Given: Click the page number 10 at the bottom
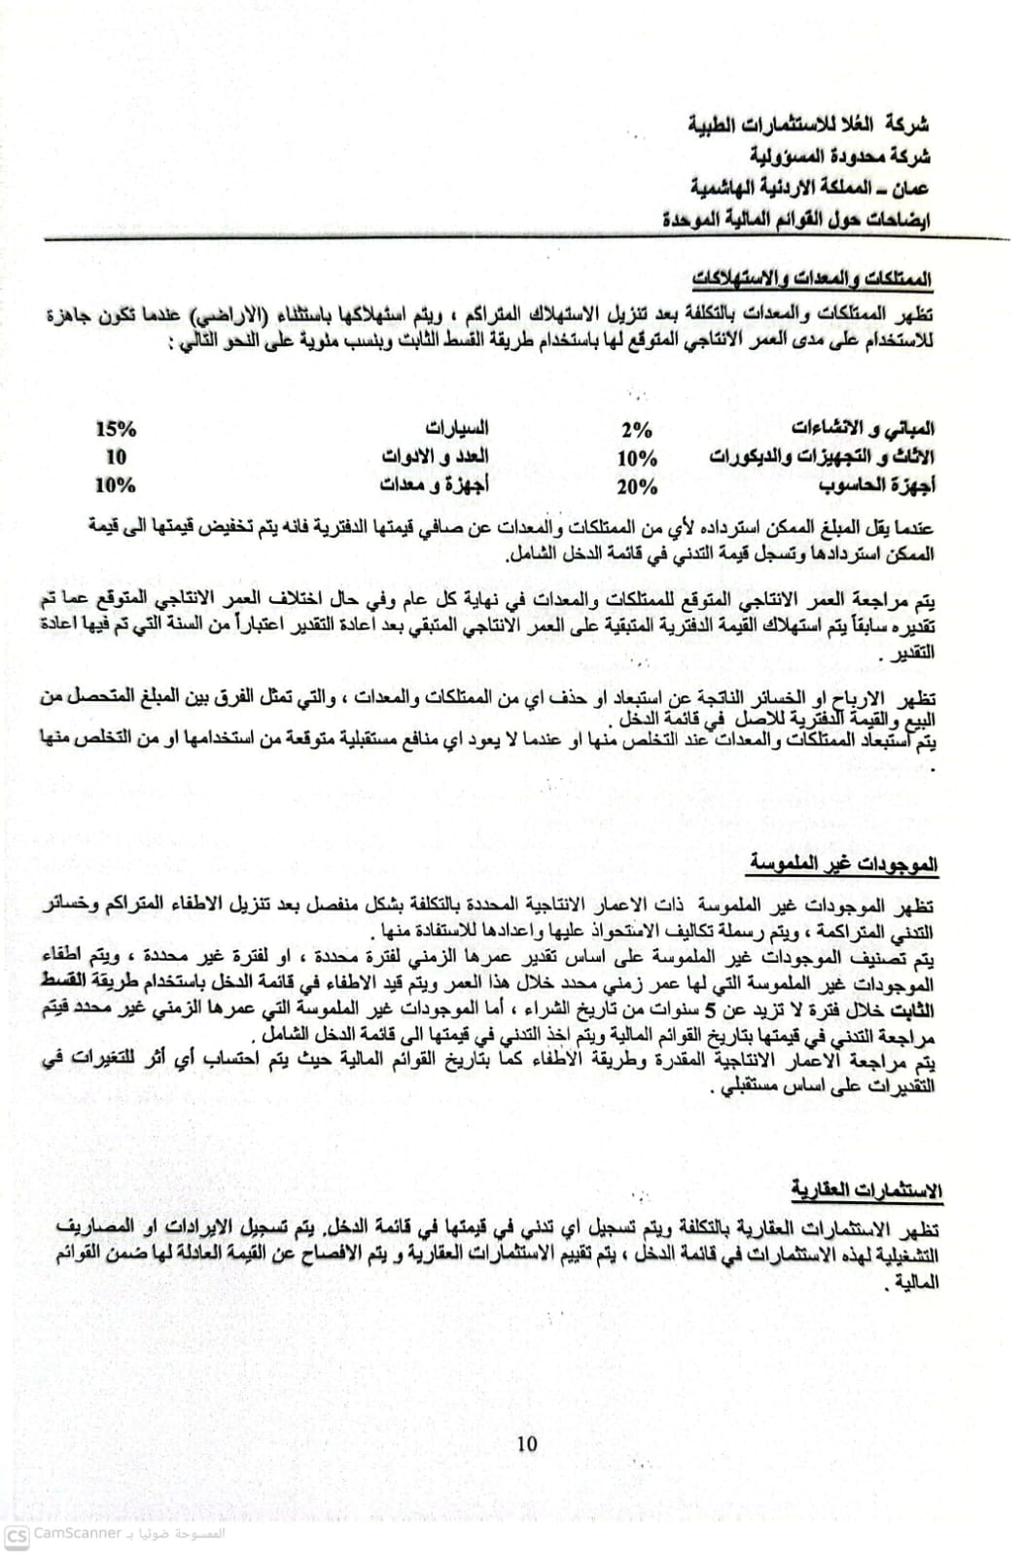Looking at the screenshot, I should click(x=527, y=1443).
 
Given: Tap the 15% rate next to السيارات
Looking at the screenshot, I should click(x=116, y=429).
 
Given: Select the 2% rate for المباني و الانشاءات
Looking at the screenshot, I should click(x=636, y=430).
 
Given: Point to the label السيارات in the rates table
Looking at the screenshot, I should click(x=457, y=428).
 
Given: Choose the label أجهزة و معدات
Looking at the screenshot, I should click(x=433, y=484).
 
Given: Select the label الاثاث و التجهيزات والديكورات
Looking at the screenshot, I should click(x=823, y=457).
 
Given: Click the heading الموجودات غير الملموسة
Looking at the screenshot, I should click(x=845, y=863).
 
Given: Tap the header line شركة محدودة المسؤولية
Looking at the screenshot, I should click(x=840, y=156).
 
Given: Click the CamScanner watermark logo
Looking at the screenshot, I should click(x=17, y=1535).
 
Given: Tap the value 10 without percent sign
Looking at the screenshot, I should click(x=116, y=457).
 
